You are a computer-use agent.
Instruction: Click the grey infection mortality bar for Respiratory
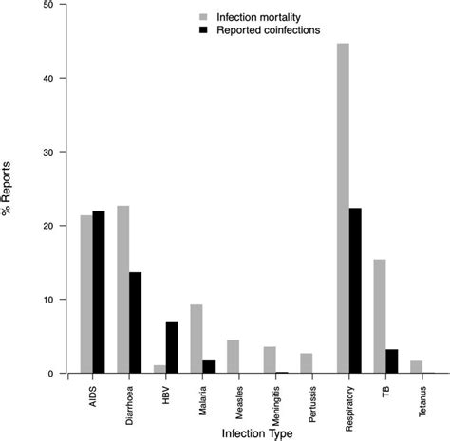(343, 209)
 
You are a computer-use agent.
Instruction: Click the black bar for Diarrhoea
(136, 322)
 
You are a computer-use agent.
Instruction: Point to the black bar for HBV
(172, 347)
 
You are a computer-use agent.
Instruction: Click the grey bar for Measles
(233, 357)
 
